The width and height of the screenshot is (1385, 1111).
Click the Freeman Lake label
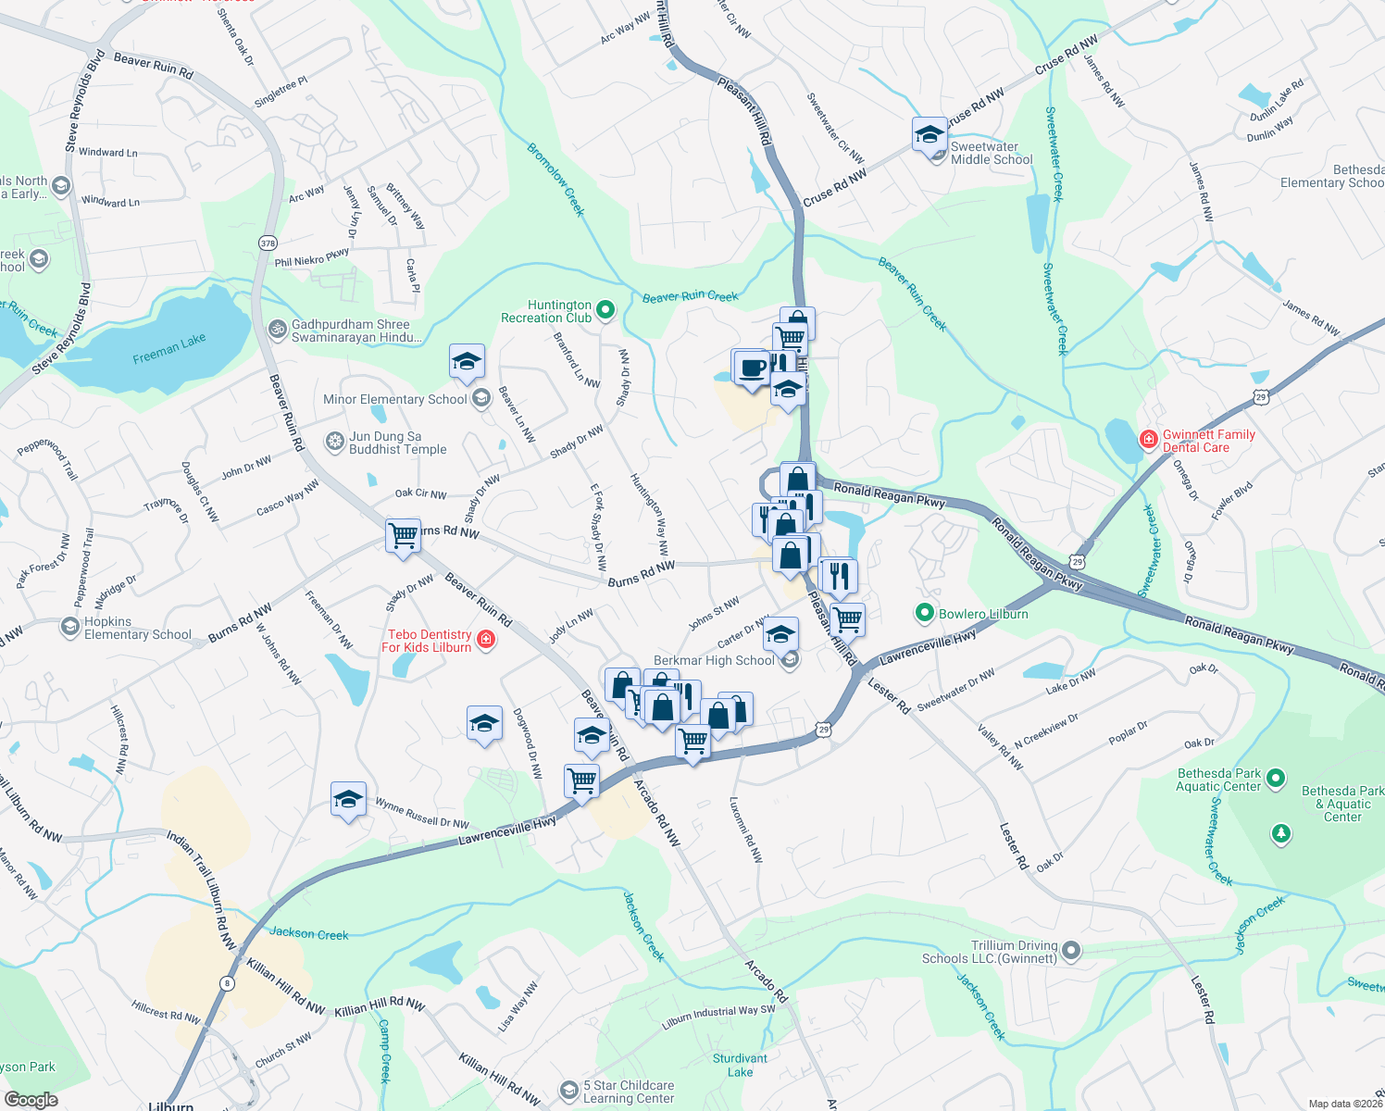tap(169, 348)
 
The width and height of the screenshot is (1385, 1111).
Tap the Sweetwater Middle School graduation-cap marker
tap(930, 136)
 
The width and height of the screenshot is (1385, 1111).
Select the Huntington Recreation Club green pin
tap(605, 310)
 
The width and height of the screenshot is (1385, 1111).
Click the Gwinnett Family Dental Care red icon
tap(1148, 439)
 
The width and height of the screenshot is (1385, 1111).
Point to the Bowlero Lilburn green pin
tap(924, 613)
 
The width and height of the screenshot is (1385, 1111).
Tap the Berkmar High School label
tap(714, 660)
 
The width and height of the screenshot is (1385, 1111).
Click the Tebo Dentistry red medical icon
tap(486, 640)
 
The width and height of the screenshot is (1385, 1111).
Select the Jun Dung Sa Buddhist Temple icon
tap(334, 443)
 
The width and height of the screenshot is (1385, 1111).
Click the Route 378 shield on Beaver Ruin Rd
tap(268, 243)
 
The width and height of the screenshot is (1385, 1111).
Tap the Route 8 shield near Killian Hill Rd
tap(227, 982)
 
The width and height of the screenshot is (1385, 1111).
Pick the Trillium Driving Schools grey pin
tap(1071, 950)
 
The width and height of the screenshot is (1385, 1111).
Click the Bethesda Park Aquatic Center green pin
tap(1276, 779)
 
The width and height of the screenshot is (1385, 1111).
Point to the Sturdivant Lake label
tap(740, 1065)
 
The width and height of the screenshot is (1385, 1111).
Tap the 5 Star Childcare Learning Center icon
tap(569, 1091)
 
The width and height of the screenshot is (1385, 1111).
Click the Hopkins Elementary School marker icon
tap(69, 628)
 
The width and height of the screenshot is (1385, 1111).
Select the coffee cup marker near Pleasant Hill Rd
tap(753, 367)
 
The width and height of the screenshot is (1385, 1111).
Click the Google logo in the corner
tap(31, 1099)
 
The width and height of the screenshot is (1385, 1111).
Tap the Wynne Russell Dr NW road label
tap(422, 815)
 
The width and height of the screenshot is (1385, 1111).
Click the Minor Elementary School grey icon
tap(480, 399)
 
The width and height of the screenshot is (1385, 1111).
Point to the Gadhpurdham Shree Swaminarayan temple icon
tap(277, 330)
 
